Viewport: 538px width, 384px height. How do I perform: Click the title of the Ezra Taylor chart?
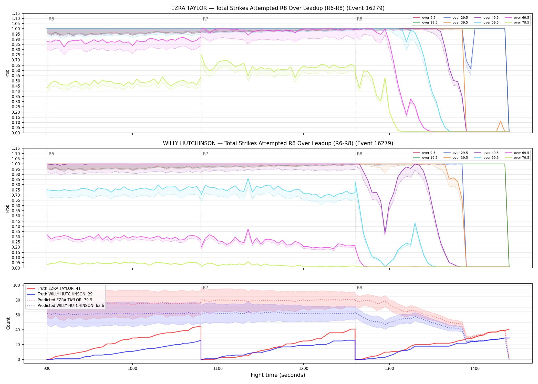click(278, 8)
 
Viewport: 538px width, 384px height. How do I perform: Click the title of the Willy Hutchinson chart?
click(278, 143)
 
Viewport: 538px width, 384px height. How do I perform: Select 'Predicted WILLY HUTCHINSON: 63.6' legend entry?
click(65, 306)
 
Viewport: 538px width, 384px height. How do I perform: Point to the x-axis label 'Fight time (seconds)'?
click(278, 375)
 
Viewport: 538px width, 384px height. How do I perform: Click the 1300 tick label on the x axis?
click(389, 368)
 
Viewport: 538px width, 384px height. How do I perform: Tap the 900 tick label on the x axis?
click(47, 368)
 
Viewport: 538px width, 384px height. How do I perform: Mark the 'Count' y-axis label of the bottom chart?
click(8, 324)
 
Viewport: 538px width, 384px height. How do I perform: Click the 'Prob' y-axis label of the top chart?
click(7, 73)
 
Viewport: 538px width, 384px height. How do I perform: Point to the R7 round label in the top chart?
click(205, 19)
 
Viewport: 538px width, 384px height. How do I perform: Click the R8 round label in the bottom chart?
click(359, 288)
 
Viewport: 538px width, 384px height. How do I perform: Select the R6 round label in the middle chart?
click(51, 154)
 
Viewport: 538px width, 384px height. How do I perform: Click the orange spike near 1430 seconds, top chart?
click(500, 121)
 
